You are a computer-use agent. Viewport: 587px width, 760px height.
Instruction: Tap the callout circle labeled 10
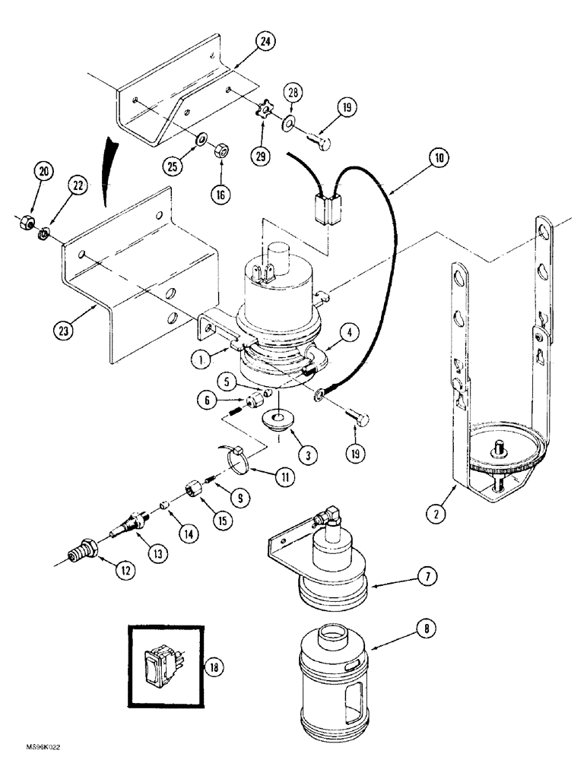point(438,159)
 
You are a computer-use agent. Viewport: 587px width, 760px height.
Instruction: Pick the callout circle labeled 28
point(293,92)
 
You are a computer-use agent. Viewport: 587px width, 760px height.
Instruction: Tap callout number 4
point(348,332)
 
